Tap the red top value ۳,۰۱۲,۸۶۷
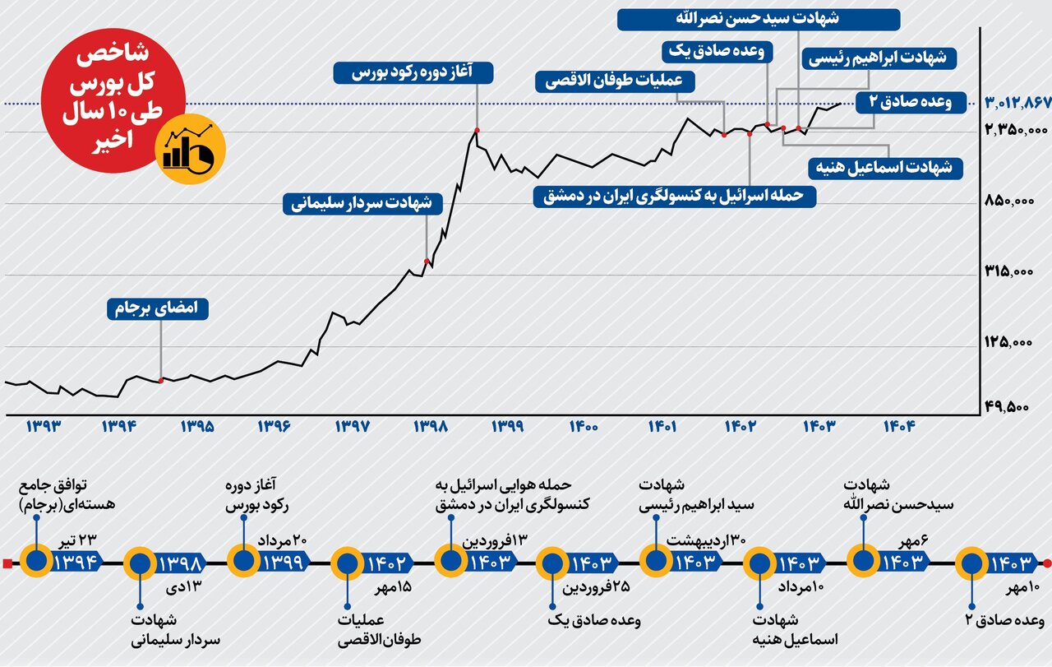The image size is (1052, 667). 1018,103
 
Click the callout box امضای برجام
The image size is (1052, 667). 158,309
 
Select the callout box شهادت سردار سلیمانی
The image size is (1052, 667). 362,204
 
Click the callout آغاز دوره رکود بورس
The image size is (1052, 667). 413,72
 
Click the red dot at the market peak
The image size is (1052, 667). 478,130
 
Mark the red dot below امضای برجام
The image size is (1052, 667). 161,381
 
